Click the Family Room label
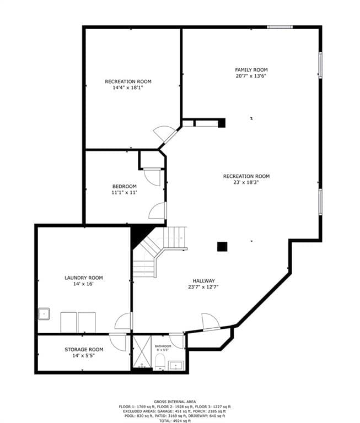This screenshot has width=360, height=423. point(251,70)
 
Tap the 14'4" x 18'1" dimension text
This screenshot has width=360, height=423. point(128,88)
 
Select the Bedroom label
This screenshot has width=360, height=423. point(124,186)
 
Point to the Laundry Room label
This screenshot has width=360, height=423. point(84,278)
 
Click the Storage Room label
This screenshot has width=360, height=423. point(84,350)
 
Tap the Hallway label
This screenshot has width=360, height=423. point(203,281)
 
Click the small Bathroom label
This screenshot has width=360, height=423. point(163,346)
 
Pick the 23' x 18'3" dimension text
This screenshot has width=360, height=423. point(246,182)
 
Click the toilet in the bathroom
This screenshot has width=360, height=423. point(160,362)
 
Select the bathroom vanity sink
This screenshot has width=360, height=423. point(176,366)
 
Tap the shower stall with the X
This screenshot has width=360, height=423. point(142,351)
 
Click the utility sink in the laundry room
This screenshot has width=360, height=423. point(44,314)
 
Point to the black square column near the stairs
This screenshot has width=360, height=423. point(222,247)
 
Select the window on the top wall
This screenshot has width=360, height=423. point(280,26)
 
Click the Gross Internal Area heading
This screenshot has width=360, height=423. point(175,402)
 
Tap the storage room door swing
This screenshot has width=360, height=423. point(118,342)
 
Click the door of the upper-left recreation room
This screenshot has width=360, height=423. point(165,134)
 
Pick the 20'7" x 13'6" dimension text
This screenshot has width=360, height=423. point(251,76)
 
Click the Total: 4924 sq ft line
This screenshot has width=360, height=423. point(175,421)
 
